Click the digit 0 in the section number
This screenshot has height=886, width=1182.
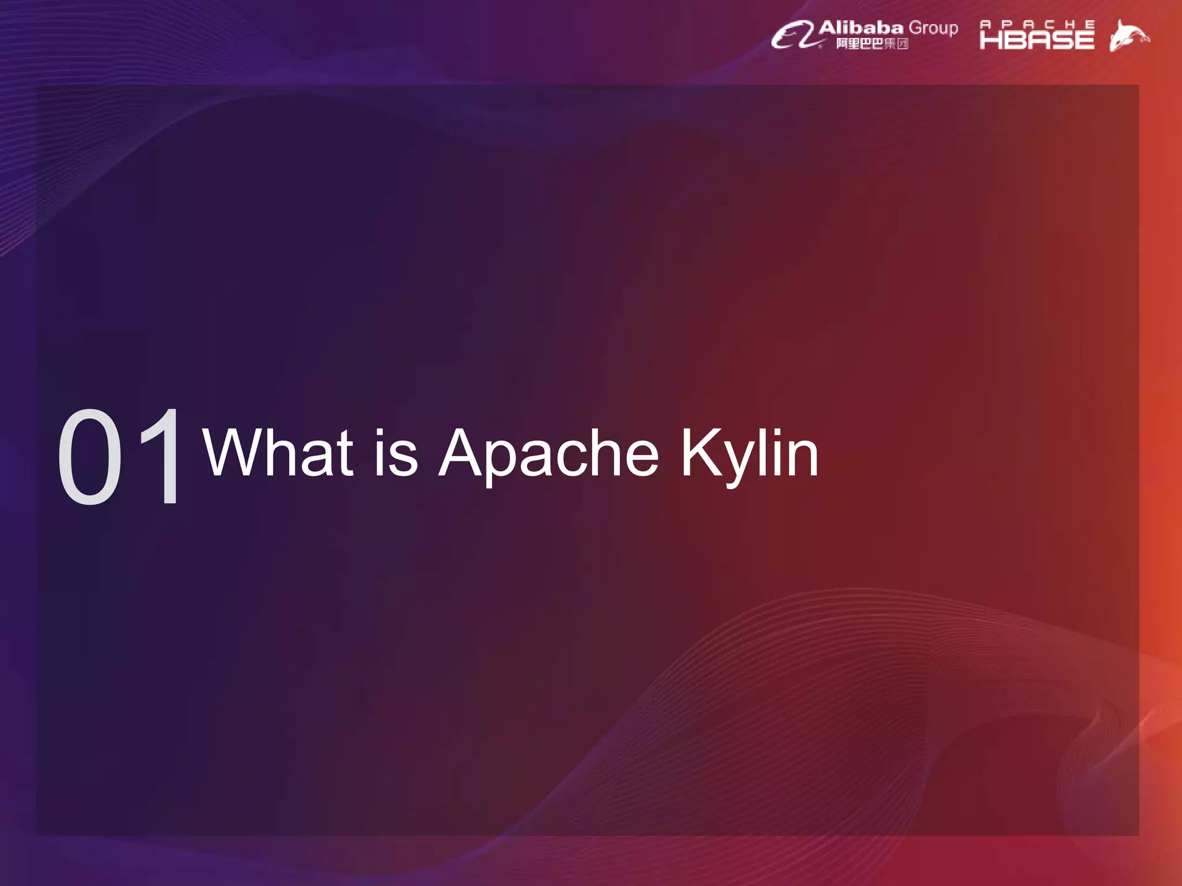click(90, 456)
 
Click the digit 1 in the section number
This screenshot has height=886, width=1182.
click(163, 456)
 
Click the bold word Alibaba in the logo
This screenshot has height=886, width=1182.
click(861, 28)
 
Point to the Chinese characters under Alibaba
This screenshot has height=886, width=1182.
click(872, 44)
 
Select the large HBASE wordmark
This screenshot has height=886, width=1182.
click(1037, 40)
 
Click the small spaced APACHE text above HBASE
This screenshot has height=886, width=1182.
click(1037, 24)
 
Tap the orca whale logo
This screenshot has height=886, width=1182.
click(1128, 36)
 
